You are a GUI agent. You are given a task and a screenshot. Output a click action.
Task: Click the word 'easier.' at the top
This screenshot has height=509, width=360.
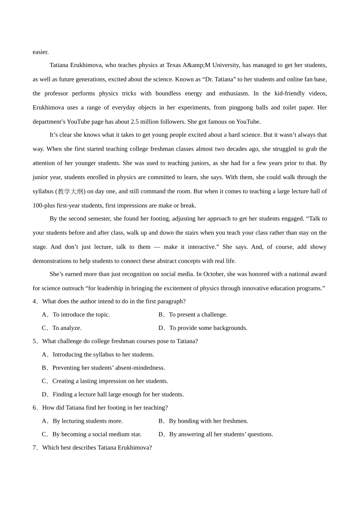click(x=41, y=52)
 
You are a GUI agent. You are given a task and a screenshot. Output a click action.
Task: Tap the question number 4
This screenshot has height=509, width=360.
click(x=34, y=301)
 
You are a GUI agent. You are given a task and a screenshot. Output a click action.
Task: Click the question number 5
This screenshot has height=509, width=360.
click(x=34, y=341)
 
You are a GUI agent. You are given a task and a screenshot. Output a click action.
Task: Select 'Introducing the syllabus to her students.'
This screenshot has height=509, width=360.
click(x=103, y=355)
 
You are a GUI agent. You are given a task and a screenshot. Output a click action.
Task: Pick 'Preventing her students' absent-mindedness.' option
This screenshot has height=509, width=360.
click(x=108, y=368)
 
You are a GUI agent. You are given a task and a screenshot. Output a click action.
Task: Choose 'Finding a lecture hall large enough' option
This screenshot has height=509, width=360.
click(x=118, y=395)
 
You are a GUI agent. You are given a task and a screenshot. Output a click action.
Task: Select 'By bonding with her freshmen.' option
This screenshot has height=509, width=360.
click(x=208, y=421)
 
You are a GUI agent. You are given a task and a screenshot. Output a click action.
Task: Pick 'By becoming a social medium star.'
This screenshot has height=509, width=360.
click(x=97, y=434)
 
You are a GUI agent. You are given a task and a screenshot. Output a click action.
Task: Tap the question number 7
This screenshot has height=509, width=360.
click(x=34, y=448)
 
